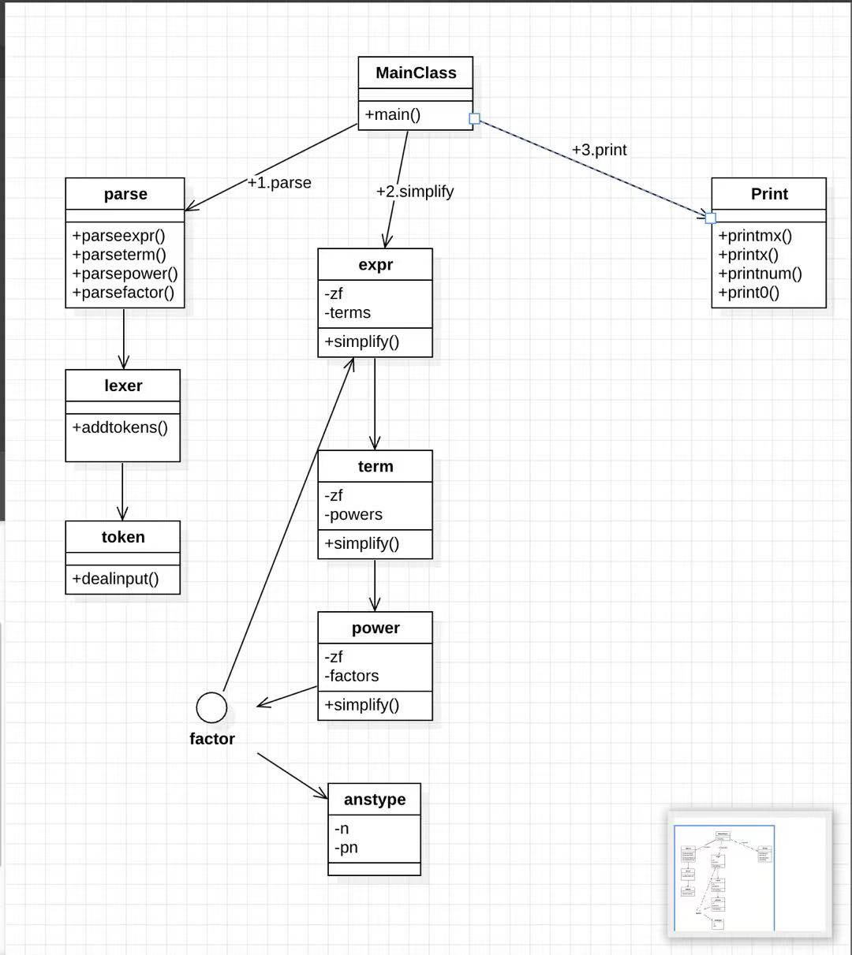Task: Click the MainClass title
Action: click(x=416, y=73)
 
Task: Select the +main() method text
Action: click(x=392, y=114)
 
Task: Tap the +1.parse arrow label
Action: click(x=279, y=182)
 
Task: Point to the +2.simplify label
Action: click(x=415, y=192)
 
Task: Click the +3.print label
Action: click(x=600, y=150)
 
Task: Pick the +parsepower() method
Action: click(x=125, y=274)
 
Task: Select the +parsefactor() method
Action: click(x=123, y=293)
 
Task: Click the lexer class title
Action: click(x=123, y=386)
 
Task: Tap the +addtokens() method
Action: click(x=120, y=427)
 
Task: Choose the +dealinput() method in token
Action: click(x=115, y=579)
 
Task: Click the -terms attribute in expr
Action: click(x=347, y=312)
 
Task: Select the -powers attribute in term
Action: click(x=353, y=514)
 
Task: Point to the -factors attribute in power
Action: click(x=351, y=676)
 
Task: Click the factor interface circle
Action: click(x=211, y=707)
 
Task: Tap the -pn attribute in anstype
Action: click(x=346, y=848)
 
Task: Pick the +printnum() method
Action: click(x=760, y=274)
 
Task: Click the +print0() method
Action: click(x=749, y=293)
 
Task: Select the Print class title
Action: click(x=769, y=194)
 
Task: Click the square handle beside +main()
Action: click(x=475, y=119)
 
